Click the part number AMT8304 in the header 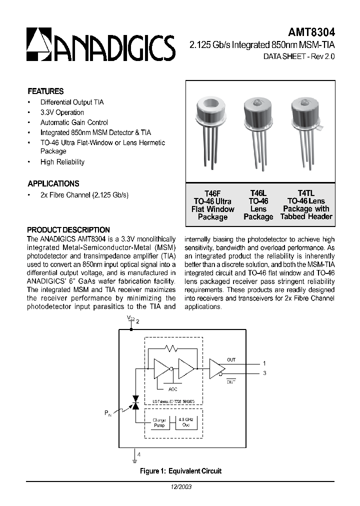tap(314, 31)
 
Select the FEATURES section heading tap(45, 91)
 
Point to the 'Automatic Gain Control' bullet tap(74, 122)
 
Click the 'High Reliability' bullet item tap(62, 162)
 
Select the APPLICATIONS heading tap(53, 183)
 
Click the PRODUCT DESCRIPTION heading tap(68, 230)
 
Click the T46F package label tap(212, 193)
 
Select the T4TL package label tap(305, 193)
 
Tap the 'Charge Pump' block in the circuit tap(159, 422)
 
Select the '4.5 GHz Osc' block tap(184, 422)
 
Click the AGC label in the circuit tap(172, 389)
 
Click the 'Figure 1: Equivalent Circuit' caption tap(180, 471)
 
